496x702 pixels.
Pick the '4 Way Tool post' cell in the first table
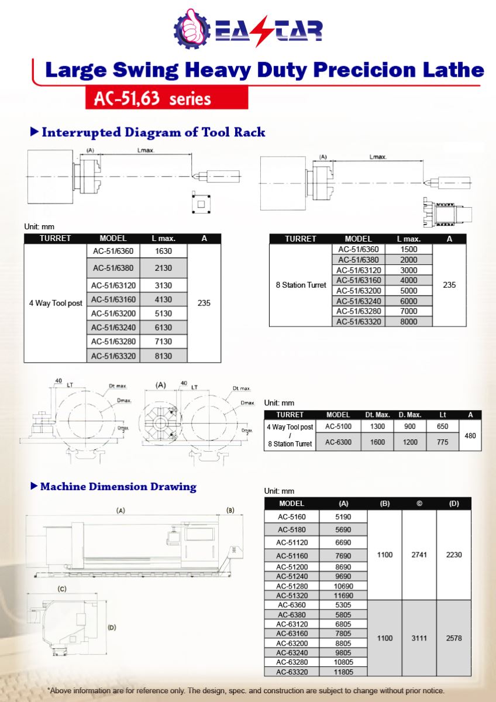click(x=56, y=304)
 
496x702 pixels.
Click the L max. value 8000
click(x=409, y=321)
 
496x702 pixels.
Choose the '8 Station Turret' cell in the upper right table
click(x=301, y=285)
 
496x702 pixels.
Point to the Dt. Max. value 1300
click(x=377, y=427)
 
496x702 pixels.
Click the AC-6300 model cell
click(x=338, y=442)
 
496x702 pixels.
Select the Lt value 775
click(x=443, y=442)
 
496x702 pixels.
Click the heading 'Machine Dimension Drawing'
click(x=118, y=487)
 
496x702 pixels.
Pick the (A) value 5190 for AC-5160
click(x=343, y=517)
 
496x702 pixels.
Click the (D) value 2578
click(x=454, y=638)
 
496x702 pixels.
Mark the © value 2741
click(x=419, y=555)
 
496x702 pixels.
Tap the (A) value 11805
click(x=343, y=672)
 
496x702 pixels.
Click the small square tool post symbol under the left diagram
click(x=201, y=203)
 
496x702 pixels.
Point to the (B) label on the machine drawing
click(x=230, y=510)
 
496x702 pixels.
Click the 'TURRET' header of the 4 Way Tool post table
click(x=56, y=239)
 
